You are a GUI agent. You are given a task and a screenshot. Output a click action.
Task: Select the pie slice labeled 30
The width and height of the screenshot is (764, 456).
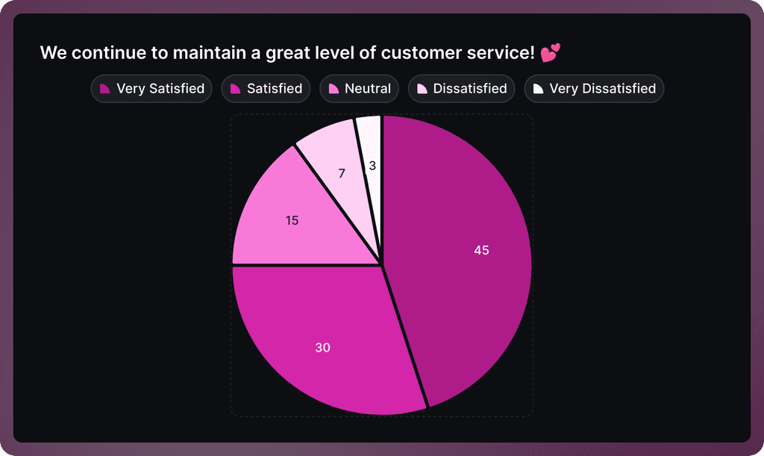coord(328,336)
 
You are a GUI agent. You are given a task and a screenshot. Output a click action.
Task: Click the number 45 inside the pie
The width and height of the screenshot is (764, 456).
coord(481,250)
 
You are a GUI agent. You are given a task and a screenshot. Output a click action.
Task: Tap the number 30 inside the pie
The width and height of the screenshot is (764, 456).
coord(322,348)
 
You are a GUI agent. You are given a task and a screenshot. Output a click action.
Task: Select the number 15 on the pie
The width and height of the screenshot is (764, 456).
coord(292,220)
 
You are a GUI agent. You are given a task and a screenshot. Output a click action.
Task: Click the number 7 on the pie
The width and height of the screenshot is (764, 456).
coord(342,173)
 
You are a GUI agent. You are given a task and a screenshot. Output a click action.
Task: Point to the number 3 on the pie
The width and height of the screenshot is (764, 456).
coord(372,166)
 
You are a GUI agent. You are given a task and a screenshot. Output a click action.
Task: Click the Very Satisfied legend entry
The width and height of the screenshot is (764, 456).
coord(151,89)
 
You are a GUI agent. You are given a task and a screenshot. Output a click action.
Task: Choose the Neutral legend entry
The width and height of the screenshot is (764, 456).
coord(359,89)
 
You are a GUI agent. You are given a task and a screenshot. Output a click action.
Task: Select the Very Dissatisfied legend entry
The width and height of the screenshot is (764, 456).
coord(594,89)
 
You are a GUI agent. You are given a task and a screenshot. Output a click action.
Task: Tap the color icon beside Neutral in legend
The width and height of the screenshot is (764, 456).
coord(334,89)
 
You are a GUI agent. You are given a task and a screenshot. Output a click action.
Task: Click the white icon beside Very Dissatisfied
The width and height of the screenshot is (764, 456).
coord(539,89)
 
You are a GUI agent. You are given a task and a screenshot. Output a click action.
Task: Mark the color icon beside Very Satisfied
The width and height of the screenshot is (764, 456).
coord(105,89)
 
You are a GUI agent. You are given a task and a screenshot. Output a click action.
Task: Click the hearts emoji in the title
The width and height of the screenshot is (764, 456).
coord(550,53)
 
